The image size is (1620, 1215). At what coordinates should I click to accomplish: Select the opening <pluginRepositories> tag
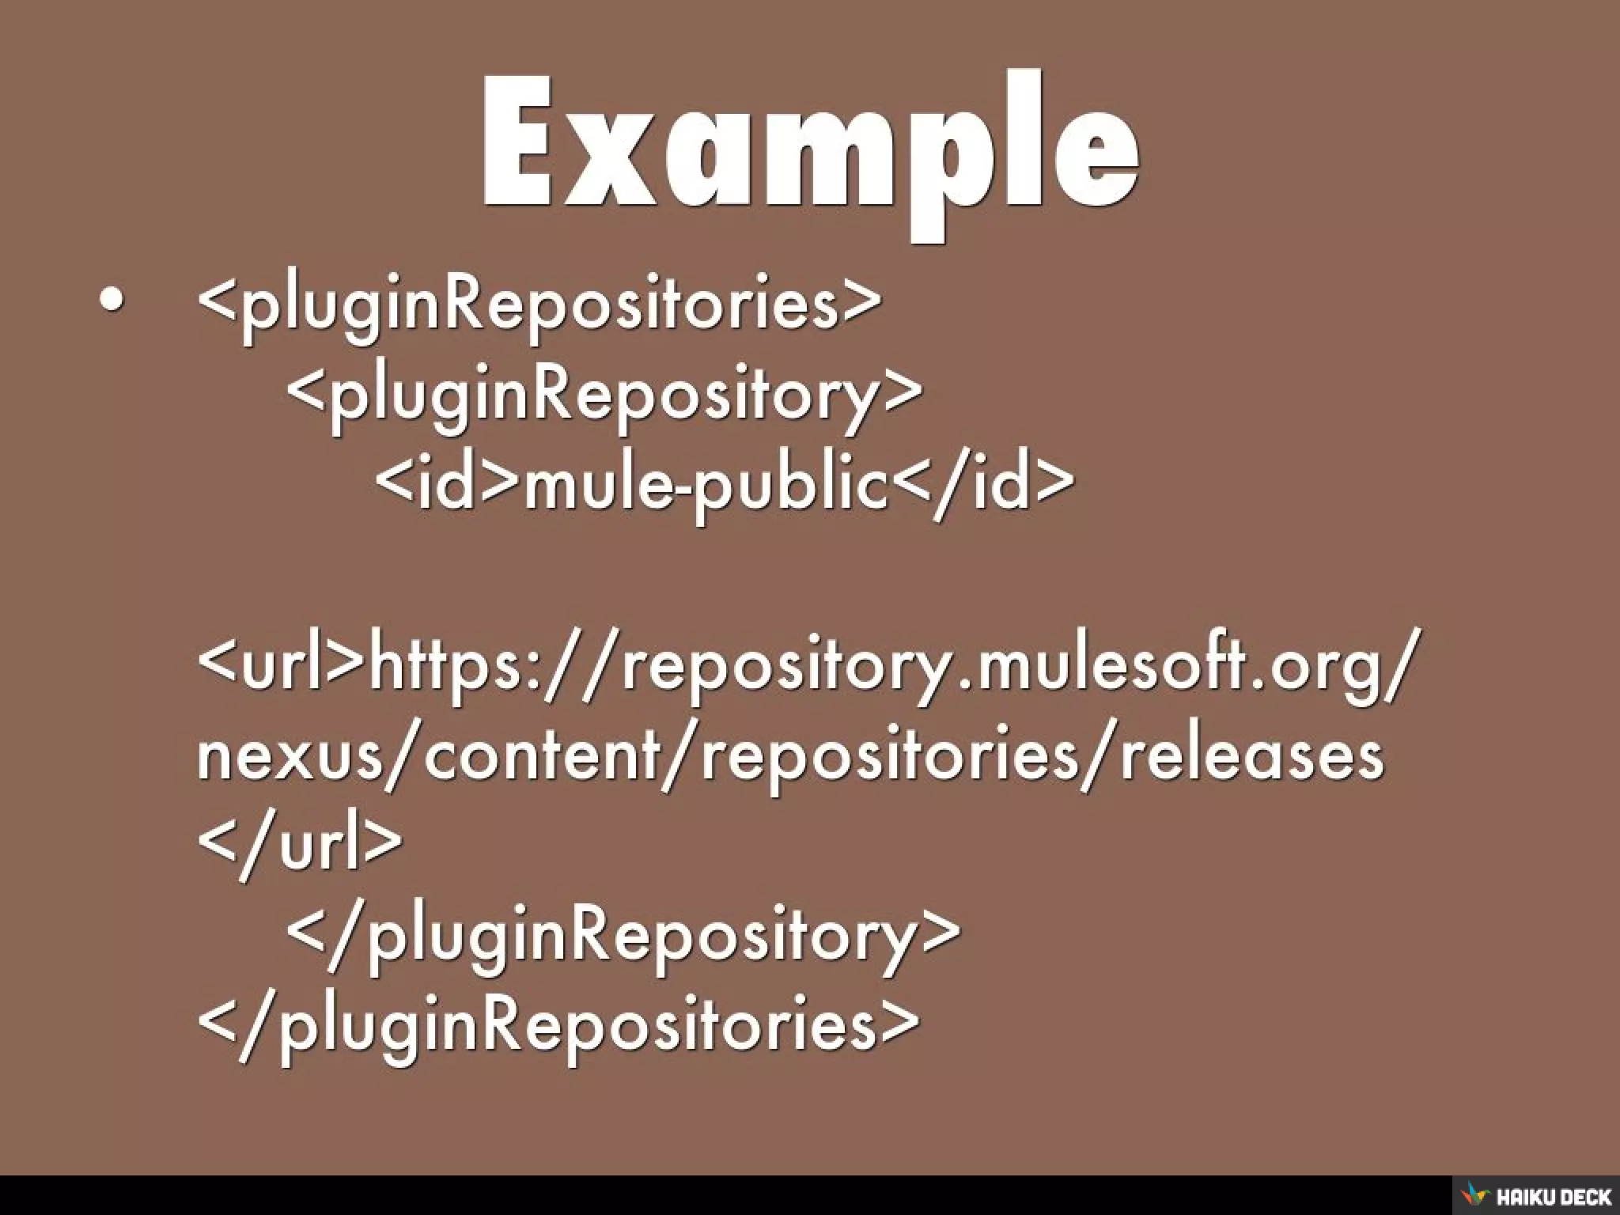(539, 304)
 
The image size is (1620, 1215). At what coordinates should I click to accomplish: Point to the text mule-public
(707, 483)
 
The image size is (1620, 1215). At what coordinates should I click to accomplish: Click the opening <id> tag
(447, 483)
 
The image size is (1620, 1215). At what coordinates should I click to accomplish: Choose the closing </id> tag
(985, 483)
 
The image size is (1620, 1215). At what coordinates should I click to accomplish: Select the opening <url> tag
(280, 664)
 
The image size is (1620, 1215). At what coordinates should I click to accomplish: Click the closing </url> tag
(300, 844)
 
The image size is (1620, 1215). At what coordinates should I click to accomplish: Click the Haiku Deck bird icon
(1473, 1194)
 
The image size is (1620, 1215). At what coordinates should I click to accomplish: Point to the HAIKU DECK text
(1552, 1196)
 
